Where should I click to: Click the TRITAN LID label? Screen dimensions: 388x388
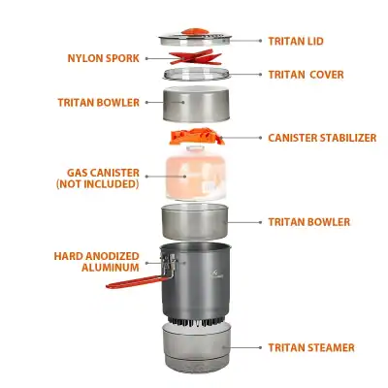(x=295, y=41)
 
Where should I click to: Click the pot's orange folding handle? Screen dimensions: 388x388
(x=136, y=284)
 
